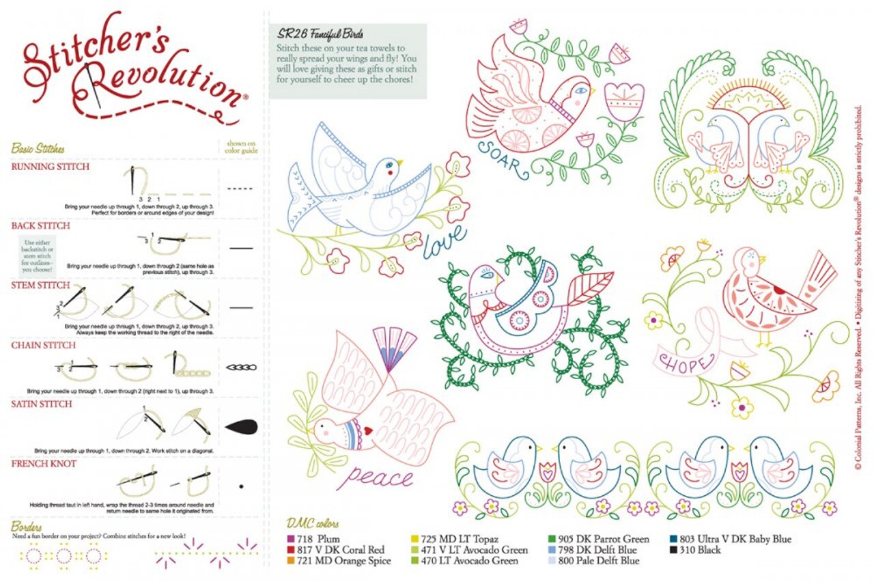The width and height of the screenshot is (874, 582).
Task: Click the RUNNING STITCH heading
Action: pyautogui.click(x=50, y=167)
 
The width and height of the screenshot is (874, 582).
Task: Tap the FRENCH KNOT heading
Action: pyautogui.click(x=44, y=464)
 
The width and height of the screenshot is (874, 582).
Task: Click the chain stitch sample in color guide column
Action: pyautogui.click(x=240, y=368)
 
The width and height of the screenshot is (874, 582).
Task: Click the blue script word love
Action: pyautogui.click(x=445, y=242)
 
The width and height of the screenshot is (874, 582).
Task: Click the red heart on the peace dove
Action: pyautogui.click(x=367, y=432)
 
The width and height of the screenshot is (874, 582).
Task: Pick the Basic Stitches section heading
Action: pyautogui.click(x=38, y=148)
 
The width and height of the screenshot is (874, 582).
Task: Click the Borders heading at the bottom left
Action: pyautogui.click(x=27, y=527)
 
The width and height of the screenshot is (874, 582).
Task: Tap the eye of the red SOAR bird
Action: pyautogui.click(x=579, y=89)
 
